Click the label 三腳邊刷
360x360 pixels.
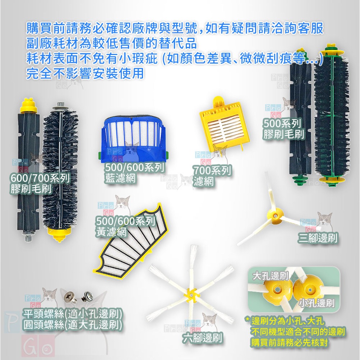(x=318, y=237)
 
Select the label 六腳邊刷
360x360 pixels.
(x=203, y=338)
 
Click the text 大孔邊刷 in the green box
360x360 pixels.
(x=271, y=276)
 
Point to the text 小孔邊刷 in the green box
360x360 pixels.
(x=317, y=303)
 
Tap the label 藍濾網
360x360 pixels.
(x=120, y=178)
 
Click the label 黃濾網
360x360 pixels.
(x=111, y=232)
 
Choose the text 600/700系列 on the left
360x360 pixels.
(x=40, y=178)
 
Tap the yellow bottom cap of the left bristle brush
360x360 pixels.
(x=59, y=234)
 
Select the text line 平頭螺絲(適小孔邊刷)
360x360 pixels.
(x=73, y=314)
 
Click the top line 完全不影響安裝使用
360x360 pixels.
(x=85, y=73)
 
